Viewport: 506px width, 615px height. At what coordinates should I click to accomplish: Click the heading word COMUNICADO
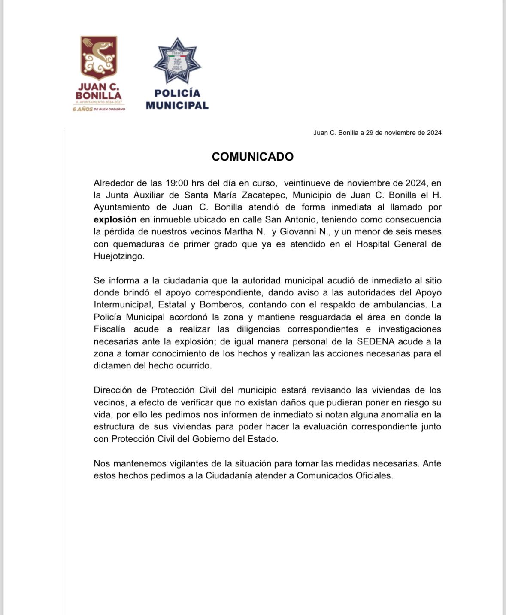pos(252,157)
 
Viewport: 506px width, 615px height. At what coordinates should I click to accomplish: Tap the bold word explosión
pos(115,219)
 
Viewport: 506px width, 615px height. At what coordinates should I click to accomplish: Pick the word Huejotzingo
pos(119,256)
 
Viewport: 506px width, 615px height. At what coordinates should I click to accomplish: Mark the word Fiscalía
pos(109,329)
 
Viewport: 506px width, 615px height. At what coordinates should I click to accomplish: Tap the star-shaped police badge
pos(177,61)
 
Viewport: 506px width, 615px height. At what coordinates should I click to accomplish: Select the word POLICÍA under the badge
pos(177,93)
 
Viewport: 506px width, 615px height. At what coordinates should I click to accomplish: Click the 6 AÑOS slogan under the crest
pos(99,109)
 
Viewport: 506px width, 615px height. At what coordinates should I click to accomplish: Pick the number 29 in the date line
pos(370,133)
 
